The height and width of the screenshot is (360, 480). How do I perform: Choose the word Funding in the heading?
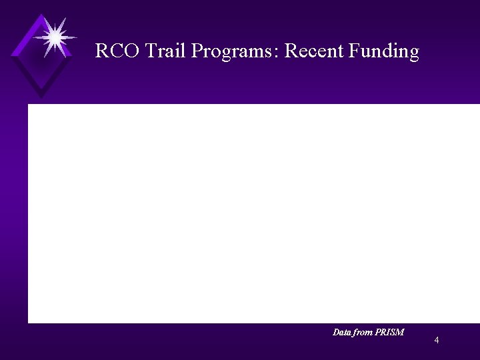[384, 52]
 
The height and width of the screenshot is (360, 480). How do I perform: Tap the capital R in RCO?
[101, 51]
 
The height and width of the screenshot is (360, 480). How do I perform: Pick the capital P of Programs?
[197, 51]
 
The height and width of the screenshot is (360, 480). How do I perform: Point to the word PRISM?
[391, 332]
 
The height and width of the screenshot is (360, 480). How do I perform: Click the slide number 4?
[436, 341]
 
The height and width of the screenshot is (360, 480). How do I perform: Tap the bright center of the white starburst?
[53, 37]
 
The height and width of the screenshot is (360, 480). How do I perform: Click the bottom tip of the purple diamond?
[41, 97]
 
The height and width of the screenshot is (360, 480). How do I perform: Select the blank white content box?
[253, 213]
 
